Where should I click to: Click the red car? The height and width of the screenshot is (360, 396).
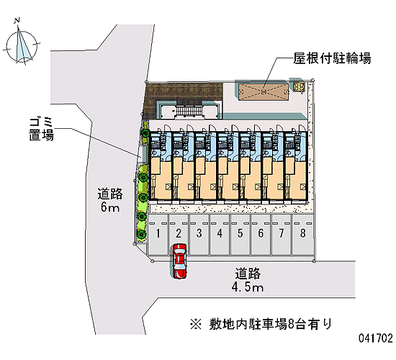coord(179,261)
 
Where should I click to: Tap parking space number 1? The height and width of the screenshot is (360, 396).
coord(158,235)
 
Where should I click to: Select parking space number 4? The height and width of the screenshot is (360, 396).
coord(220,235)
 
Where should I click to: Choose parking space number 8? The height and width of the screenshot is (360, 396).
coord(302,235)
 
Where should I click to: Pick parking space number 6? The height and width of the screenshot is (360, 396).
coord(261,235)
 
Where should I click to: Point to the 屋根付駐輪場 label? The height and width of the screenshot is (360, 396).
coord(332,58)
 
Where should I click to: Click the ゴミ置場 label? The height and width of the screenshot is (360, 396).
coord(41,129)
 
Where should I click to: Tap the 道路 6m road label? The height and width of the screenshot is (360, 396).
coord(110,200)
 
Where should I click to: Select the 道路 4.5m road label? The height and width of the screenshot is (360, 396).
coord(248,280)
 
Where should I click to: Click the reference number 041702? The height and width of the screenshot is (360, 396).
coord(376,338)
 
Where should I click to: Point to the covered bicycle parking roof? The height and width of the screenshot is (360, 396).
coord(264,92)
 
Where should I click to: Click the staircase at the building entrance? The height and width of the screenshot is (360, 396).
coord(189,110)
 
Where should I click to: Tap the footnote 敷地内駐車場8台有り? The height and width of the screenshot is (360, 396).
coord(261,324)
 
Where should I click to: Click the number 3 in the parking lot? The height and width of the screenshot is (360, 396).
coord(199,233)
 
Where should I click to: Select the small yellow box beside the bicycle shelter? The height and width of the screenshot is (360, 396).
coord(299,87)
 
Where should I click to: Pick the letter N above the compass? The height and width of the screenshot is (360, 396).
coord(17,20)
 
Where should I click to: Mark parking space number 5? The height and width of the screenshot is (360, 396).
coord(240,235)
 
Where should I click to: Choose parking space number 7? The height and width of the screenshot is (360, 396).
coord(282,235)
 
